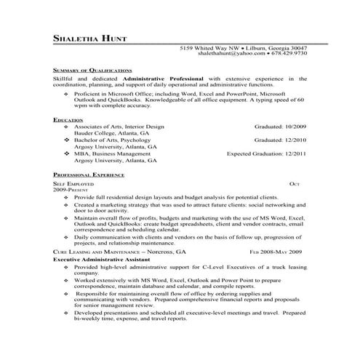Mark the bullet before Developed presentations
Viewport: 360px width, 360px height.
point(68,313)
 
